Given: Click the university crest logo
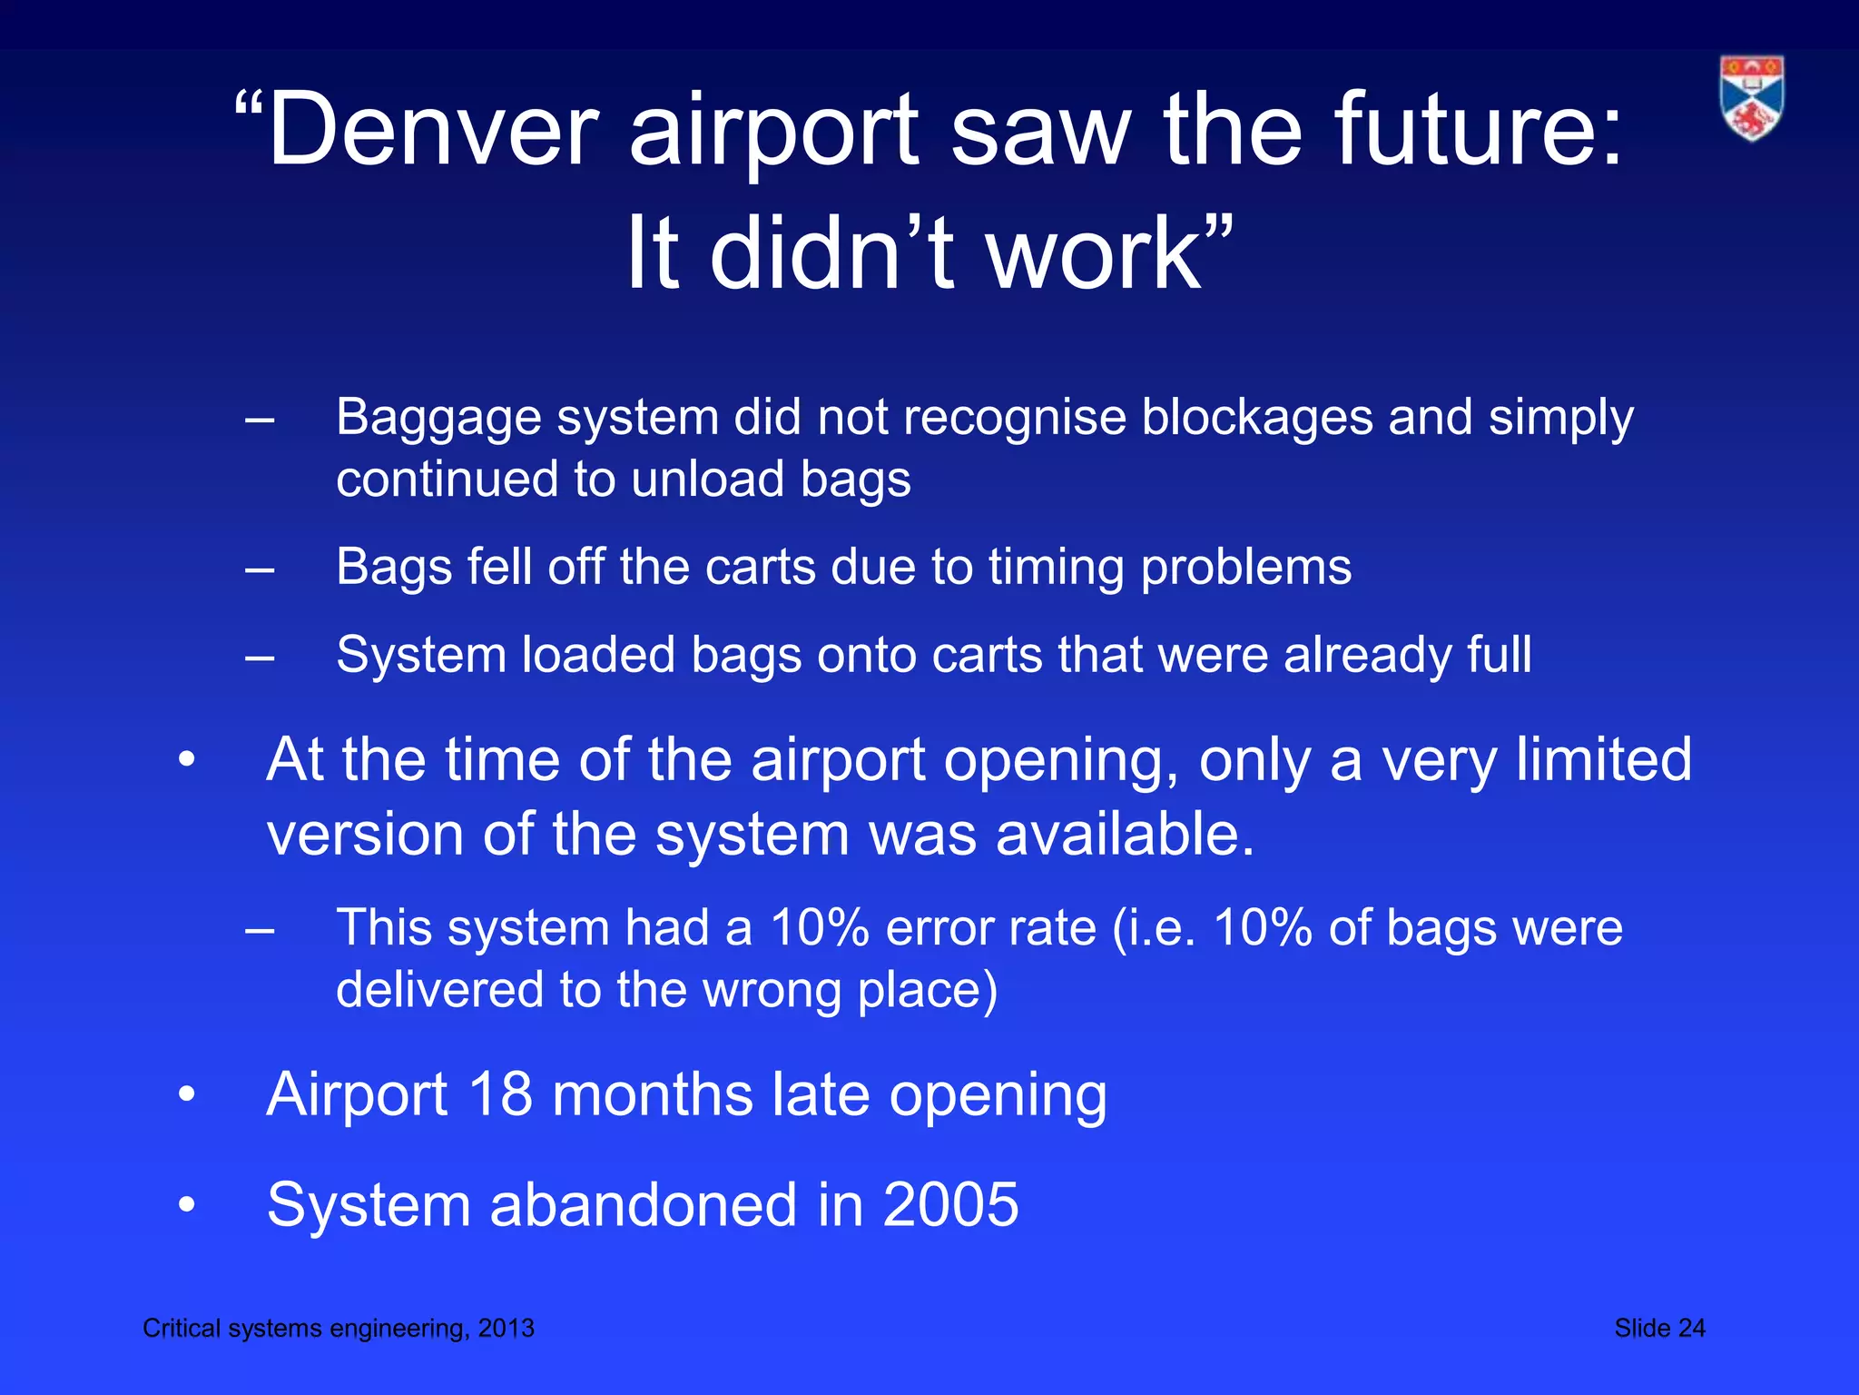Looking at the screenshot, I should point(1751,98).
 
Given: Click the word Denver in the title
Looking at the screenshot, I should point(433,129).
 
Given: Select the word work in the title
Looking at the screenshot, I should point(1094,253).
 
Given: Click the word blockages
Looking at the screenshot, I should point(1255,418).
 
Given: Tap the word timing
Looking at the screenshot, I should point(1056,569).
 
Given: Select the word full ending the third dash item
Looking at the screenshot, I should point(1499,655).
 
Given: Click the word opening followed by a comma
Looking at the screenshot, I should point(1060,761).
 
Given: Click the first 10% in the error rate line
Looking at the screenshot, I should point(819,928).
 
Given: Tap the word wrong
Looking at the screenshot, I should point(772,989).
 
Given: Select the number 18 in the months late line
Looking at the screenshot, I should point(500,1094).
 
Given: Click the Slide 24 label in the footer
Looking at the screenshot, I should point(1659,1328).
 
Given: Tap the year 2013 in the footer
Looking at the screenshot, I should point(507,1328).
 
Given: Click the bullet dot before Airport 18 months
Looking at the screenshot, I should point(187,1094).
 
